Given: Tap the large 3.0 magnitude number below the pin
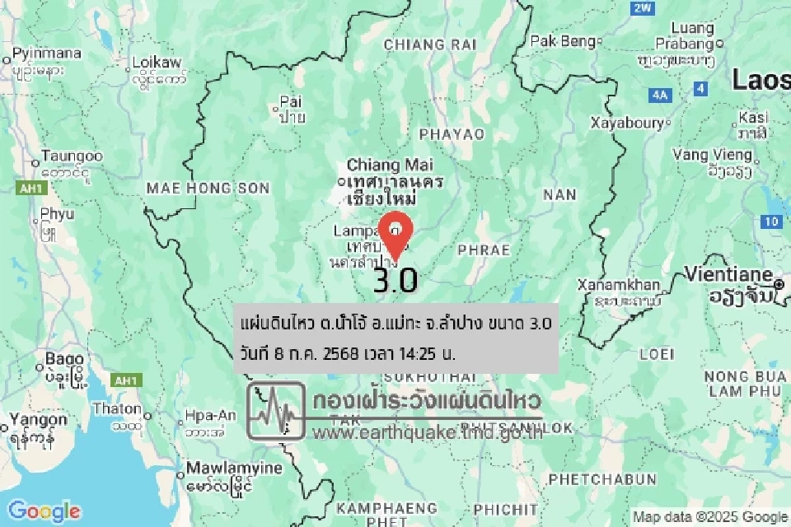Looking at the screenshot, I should [395, 280].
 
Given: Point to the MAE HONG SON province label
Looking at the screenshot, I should [208, 189].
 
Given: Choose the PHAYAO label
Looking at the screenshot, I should [452, 133].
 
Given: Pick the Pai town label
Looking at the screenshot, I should [291, 101].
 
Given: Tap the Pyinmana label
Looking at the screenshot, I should [46, 54].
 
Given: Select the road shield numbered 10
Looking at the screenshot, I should [770, 221].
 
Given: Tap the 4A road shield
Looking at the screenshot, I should [660, 96].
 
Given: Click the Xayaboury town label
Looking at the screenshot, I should [627, 123].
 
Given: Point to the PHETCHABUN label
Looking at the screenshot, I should [602, 478].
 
